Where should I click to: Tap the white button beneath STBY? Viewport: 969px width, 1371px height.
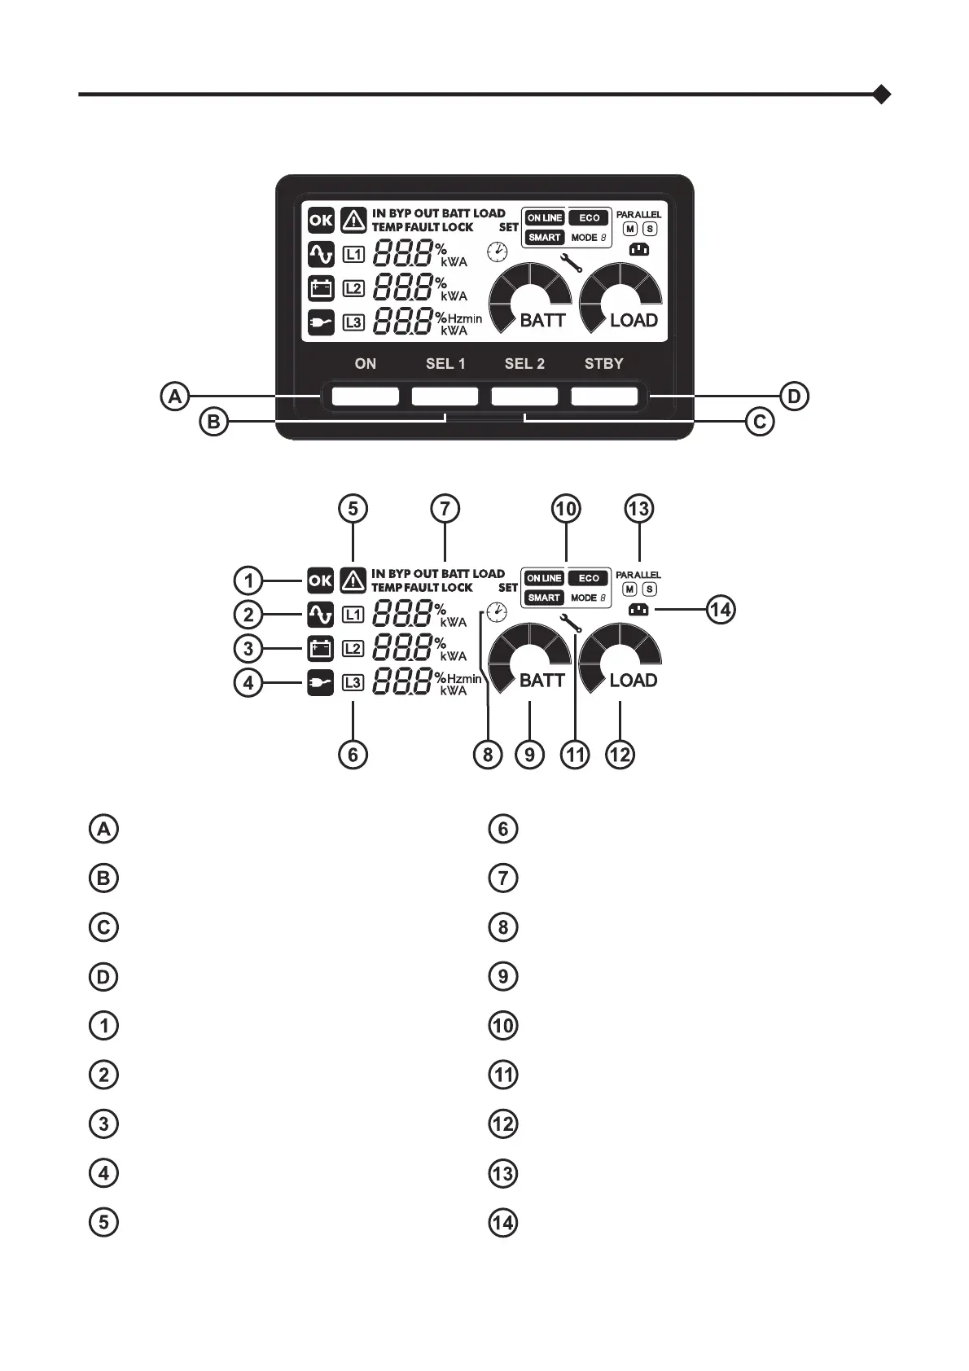click(x=604, y=396)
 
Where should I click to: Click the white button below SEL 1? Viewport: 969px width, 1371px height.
click(x=445, y=396)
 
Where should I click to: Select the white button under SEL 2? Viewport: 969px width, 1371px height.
click(x=524, y=396)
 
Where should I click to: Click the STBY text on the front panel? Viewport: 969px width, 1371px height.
click(x=603, y=364)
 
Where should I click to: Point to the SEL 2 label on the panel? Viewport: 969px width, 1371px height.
click(x=524, y=364)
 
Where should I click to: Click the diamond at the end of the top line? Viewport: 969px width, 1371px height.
click(x=881, y=94)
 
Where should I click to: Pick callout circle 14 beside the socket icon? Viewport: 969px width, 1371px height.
click(x=721, y=609)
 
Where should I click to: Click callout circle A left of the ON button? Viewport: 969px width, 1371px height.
click(x=174, y=397)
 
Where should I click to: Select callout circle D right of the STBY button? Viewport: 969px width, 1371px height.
click(x=794, y=397)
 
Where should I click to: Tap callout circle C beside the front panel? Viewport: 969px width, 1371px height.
click(x=760, y=423)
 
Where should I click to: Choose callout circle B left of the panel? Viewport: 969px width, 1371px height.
click(x=213, y=423)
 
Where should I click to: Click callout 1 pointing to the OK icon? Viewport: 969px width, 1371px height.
click(x=248, y=580)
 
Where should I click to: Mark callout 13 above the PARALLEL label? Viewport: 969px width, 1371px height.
click(x=639, y=509)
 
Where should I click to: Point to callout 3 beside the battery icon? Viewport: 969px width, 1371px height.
click(x=248, y=649)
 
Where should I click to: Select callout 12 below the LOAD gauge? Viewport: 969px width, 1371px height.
click(x=620, y=754)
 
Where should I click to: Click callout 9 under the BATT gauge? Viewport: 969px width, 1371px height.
click(x=529, y=754)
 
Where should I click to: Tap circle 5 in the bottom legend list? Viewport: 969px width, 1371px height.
click(x=103, y=1222)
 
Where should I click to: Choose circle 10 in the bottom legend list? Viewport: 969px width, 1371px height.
click(x=503, y=1025)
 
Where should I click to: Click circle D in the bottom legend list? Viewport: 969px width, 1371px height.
click(x=103, y=976)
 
